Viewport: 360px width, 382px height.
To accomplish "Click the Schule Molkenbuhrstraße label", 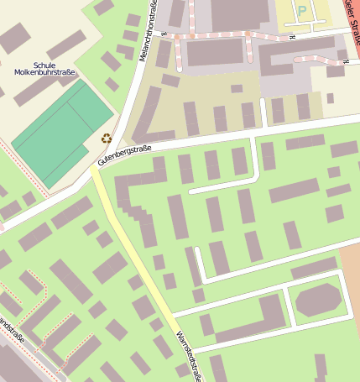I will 44,69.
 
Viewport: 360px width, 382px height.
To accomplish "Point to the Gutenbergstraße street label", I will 124,154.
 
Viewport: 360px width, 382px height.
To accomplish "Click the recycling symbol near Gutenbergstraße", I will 107,139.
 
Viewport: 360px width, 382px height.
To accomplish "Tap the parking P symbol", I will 301,10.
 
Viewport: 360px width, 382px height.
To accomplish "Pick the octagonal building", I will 319,300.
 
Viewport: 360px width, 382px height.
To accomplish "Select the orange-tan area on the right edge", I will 351,277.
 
